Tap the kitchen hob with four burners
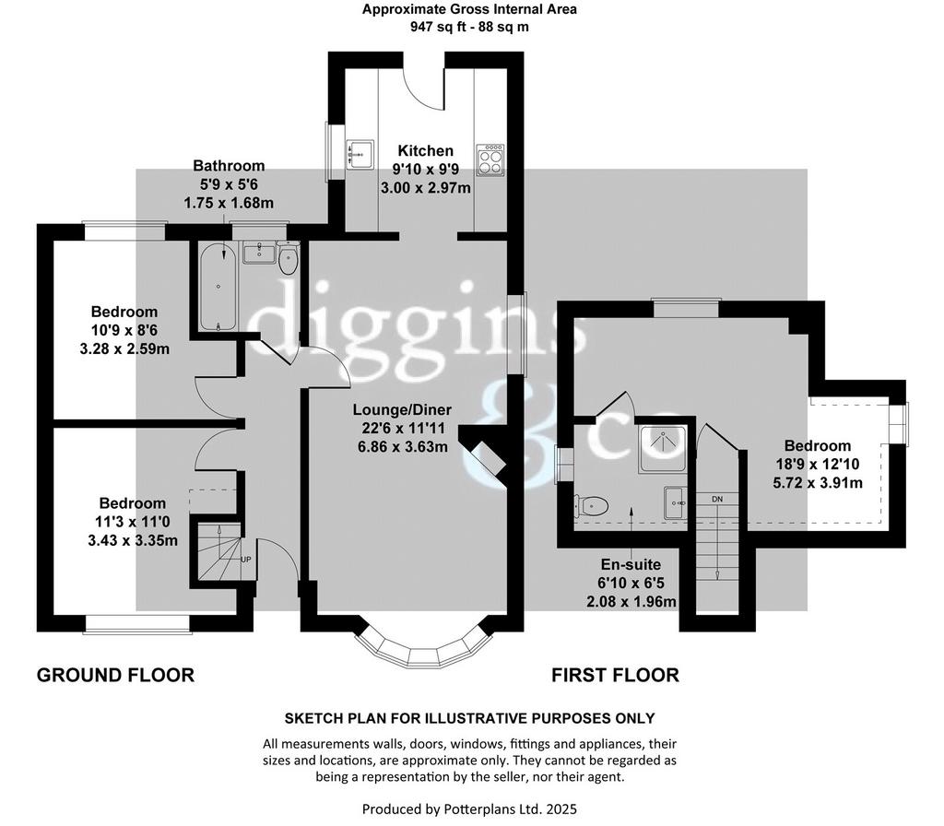(490, 159)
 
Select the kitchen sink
(360, 155)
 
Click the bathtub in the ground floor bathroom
(218, 287)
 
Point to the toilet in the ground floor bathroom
(289, 258)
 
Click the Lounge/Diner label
(402, 410)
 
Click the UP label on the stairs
(245, 560)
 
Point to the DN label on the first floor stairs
(717, 499)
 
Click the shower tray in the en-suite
(662, 449)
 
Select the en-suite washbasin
(675, 502)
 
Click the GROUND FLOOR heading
(115, 675)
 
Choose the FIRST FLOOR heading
(615, 675)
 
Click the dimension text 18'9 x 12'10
(818, 465)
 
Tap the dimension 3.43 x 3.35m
(133, 540)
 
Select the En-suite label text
(631, 565)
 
